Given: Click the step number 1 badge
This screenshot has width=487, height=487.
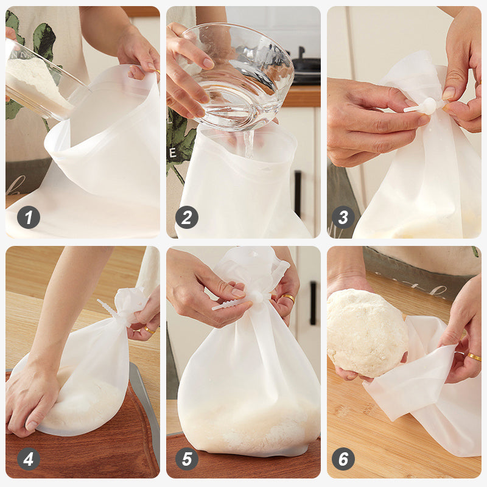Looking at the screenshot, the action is (29, 217).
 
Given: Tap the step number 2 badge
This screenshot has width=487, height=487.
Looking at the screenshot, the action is (187, 217).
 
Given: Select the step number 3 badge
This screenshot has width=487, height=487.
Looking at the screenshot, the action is (343, 217).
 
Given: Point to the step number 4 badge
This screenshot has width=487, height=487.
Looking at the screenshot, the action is (29, 459).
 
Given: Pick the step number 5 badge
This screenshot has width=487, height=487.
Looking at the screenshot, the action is (187, 459).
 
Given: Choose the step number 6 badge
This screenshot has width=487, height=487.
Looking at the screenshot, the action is (343, 459).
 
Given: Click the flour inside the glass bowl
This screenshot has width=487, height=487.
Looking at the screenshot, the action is (37, 85).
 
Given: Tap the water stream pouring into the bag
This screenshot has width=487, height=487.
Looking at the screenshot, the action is (249, 144).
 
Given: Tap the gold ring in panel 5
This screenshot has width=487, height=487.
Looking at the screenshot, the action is (289, 298).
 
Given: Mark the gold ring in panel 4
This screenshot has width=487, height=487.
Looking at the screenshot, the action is (149, 330).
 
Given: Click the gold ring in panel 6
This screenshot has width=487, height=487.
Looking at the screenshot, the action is (474, 357).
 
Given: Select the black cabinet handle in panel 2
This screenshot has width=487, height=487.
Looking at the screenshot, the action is (298, 193).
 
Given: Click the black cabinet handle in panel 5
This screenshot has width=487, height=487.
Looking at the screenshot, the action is (313, 303).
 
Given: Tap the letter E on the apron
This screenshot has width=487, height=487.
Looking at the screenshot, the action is (172, 153).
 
